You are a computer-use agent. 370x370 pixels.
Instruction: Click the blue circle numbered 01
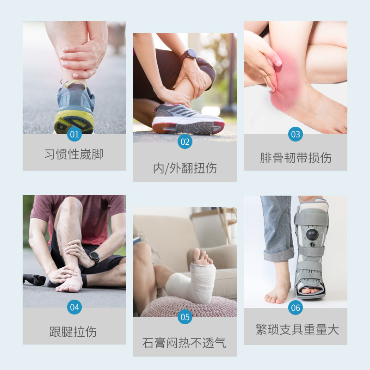pyautogui.click(x=74, y=135)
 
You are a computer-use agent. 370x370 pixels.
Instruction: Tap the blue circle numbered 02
pyautogui.click(x=185, y=142)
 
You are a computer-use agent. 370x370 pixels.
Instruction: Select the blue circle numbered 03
pyautogui.click(x=296, y=135)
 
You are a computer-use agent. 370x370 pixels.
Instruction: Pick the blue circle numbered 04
pyautogui.click(x=74, y=307)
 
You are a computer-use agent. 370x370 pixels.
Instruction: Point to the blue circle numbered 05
pyautogui.click(x=185, y=317)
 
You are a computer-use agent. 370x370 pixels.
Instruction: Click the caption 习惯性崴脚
pyautogui.click(x=74, y=154)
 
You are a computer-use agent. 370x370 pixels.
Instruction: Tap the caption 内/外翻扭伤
pyautogui.click(x=185, y=168)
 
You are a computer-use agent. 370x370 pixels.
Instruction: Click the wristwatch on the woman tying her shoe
pyautogui.click(x=189, y=55)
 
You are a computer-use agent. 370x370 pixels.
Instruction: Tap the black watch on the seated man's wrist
pyautogui.click(x=94, y=257)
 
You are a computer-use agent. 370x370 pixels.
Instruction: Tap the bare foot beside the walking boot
pyautogui.click(x=277, y=289)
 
